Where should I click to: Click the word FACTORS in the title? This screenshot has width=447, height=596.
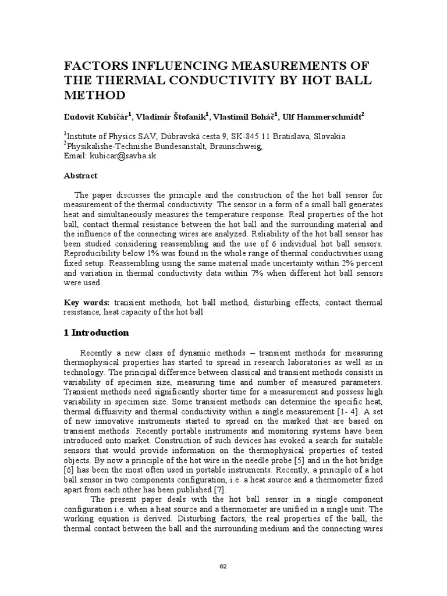[97, 65]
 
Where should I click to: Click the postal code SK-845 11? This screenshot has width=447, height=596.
[247, 136]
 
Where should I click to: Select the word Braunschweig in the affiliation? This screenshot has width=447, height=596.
[237, 146]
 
